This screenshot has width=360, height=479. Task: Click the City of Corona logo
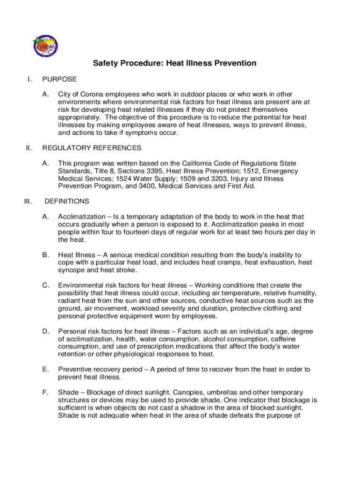tap(45, 45)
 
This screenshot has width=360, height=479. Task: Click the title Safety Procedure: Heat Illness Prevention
tap(174, 63)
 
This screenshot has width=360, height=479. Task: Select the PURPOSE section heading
tap(59, 79)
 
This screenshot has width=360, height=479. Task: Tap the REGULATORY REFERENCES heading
tap(92, 148)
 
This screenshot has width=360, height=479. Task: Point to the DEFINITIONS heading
tap(66, 201)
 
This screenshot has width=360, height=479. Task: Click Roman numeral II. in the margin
tap(29, 148)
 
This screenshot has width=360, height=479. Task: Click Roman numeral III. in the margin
tap(28, 201)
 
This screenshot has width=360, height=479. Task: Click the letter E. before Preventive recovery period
tap(46, 369)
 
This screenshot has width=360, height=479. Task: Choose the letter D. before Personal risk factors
tap(46, 331)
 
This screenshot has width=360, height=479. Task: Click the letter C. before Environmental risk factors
tap(46, 285)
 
